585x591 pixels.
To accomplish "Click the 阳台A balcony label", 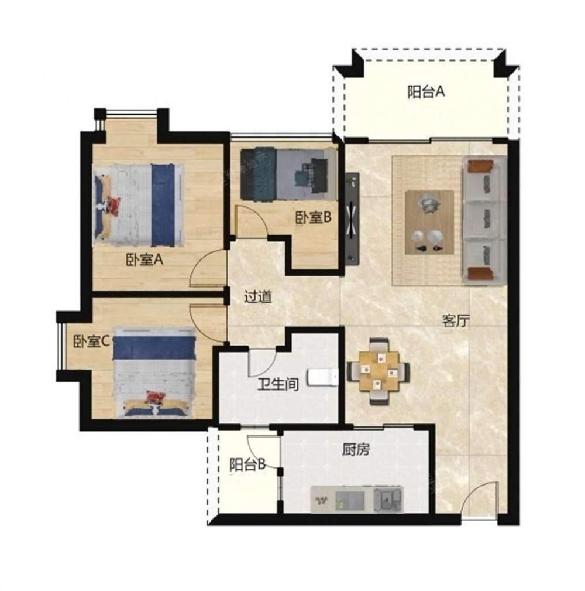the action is pos(426,92).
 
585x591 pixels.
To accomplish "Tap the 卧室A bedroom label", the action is pos(144,259).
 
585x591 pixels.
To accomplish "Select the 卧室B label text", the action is pos(313,217).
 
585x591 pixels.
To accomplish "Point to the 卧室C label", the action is pos(91,341).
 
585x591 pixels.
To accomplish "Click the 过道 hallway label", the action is pos(258,297).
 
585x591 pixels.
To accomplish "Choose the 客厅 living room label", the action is pos(456,321).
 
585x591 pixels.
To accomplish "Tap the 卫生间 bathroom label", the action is pos(278,385).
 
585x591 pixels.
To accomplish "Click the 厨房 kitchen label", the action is pos(356,450).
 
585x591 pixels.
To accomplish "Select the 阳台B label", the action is pos(247,464).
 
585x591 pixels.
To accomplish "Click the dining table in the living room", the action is pos(378,371).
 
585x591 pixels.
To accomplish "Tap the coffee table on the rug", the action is pos(429,223).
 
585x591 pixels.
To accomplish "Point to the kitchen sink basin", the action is pos(388,500).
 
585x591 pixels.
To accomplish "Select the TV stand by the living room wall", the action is pos(352,220).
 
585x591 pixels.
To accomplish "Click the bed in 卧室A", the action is pos(138,205).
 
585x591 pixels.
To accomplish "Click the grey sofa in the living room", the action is pos(484,220).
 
